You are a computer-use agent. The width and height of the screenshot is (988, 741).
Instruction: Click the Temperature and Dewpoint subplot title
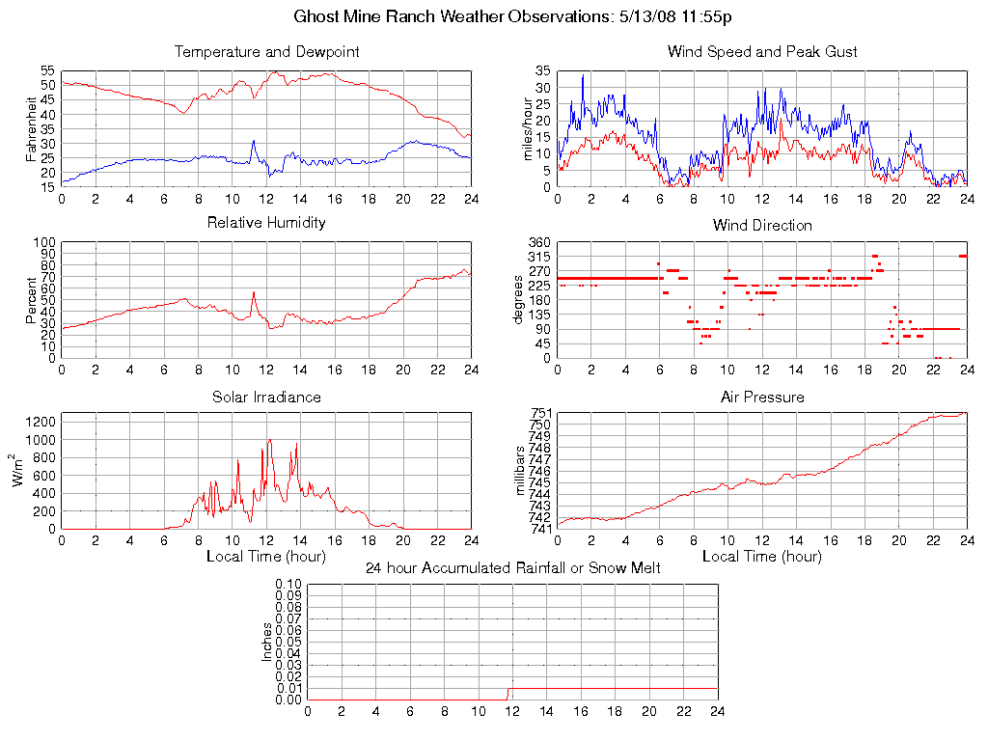click(266, 51)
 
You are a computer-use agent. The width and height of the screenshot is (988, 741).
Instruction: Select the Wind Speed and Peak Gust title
click(762, 51)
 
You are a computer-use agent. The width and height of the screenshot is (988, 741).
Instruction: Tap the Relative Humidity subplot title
click(266, 223)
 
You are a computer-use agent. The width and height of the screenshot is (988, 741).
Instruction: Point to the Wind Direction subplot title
click(762, 225)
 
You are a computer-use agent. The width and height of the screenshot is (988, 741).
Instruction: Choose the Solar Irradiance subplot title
click(266, 397)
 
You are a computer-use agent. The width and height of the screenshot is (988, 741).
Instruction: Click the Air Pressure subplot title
click(762, 397)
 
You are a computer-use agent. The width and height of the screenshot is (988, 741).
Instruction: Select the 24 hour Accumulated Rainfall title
click(513, 567)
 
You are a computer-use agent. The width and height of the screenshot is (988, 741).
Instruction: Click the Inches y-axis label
click(267, 642)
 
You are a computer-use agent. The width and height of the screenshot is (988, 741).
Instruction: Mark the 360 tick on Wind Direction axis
click(538, 242)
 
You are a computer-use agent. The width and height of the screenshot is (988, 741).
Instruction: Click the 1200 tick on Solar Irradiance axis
click(41, 422)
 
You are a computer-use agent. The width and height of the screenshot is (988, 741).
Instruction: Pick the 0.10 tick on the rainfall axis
click(288, 584)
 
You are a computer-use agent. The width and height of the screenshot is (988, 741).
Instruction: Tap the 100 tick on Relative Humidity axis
click(44, 242)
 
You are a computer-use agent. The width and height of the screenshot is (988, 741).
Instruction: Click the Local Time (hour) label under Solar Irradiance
click(266, 556)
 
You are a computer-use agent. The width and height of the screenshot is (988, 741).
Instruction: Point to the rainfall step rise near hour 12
click(509, 692)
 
